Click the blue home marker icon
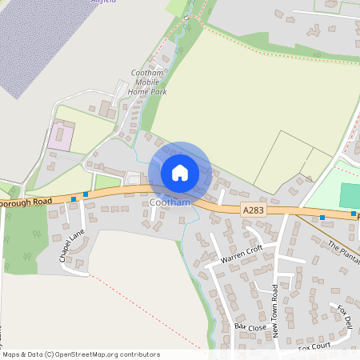[x=180, y=172]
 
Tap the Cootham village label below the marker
[x=170, y=203]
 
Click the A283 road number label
[x=253, y=210]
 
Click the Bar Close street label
[x=250, y=327]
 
